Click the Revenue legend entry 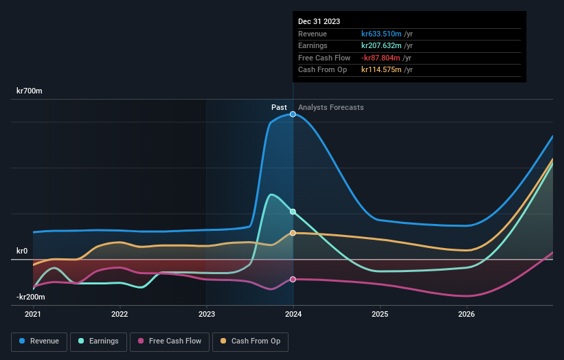(39, 341)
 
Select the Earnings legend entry (98, 341)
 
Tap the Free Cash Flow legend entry (169, 341)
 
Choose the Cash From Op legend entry (251, 341)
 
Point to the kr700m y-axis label (30, 91)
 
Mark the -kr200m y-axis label (31, 297)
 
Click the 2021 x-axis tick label (33, 315)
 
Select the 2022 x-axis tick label (120, 315)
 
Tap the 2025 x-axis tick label (380, 315)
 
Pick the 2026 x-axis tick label (466, 315)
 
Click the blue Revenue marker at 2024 (293, 114)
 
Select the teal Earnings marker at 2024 (293, 212)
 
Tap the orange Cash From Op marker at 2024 (293, 233)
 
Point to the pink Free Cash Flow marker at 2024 (293, 279)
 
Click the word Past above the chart (279, 107)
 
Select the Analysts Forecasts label (331, 107)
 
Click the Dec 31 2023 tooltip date (319, 22)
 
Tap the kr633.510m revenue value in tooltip (382, 34)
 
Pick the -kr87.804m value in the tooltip (381, 58)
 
